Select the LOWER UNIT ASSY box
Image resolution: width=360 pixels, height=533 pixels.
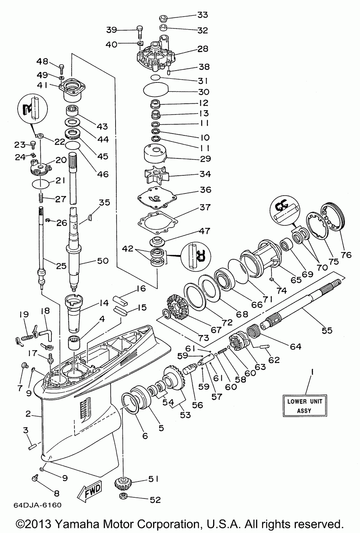[305, 406]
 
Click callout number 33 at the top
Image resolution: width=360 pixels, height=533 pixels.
[203, 15]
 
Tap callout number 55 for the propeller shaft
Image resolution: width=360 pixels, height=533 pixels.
[327, 330]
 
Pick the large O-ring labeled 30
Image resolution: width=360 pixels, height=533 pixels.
[156, 89]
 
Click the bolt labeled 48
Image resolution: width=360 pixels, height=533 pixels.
[61, 69]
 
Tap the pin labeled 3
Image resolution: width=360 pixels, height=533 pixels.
[32, 445]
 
